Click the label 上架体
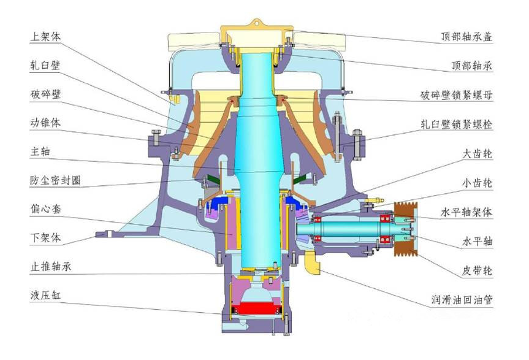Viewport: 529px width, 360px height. (46, 36)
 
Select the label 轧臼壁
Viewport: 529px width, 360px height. (46, 65)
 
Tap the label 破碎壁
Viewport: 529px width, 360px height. (46, 94)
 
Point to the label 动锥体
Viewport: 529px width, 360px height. (46, 123)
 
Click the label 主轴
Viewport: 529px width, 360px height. (40, 151)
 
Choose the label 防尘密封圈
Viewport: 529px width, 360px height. (56, 180)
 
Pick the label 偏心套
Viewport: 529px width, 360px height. (46, 209)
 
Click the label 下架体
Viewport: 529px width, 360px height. (46, 238)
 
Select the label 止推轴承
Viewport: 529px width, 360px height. (51, 267)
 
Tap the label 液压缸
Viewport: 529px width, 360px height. (46, 296)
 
